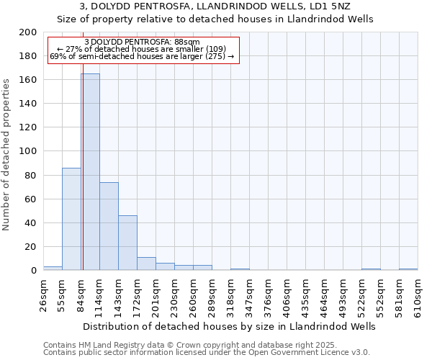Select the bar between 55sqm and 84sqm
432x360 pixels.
point(71,219)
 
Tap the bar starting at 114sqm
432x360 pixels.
point(109,226)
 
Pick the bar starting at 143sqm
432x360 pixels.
point(127,243)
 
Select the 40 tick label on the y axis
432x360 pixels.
point(31,223)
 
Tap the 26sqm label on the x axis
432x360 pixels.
point(44,293)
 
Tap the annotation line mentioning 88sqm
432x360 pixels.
point(142,42)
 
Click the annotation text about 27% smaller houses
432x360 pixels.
point(142,49)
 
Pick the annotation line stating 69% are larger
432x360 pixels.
point(142,56)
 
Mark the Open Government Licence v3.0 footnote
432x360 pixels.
point(207,353)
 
